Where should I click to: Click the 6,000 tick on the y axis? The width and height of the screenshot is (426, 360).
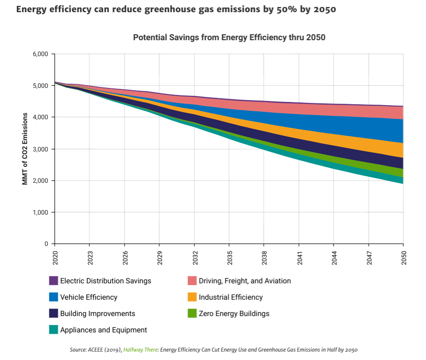click(41, 54)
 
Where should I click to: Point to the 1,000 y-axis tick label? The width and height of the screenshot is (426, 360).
click(41, 212)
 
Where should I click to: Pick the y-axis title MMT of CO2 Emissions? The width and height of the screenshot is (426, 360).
click(25, 149)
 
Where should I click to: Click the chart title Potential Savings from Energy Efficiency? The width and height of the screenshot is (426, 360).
click(229, 37)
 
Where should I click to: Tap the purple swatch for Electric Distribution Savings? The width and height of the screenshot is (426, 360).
click(53, 281)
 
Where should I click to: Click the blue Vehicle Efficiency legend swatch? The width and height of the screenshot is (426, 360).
click(53, 297)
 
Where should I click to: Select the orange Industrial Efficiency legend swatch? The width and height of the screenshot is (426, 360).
click(192, 297)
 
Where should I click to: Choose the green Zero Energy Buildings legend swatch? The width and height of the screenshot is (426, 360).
click(192, 314)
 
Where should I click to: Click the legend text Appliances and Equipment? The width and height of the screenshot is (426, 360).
click(104, 330)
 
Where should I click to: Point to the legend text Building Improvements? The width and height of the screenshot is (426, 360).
click(98, 314)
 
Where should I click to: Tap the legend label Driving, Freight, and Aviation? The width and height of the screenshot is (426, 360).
click(245, 281)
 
